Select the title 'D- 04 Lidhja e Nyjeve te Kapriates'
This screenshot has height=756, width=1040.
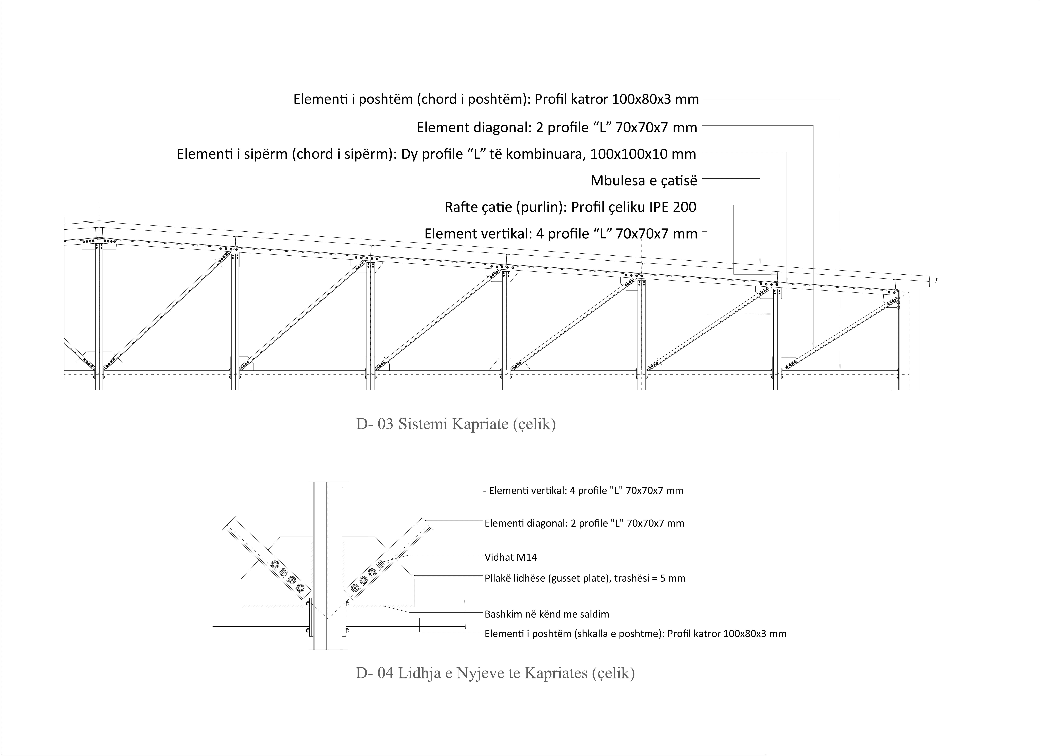(495, 673)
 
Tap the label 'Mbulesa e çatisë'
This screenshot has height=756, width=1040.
(643, 181)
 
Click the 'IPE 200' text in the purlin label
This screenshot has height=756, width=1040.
(672, 207)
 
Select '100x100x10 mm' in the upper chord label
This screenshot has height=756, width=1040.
(643, 154)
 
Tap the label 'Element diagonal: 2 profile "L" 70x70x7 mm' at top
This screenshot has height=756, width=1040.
(557, 127)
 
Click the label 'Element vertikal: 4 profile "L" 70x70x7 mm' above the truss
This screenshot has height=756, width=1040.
(560, 234)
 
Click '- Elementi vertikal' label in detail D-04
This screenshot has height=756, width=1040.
(583, 491)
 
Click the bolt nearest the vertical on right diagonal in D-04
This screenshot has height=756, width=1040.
(354, 588)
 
